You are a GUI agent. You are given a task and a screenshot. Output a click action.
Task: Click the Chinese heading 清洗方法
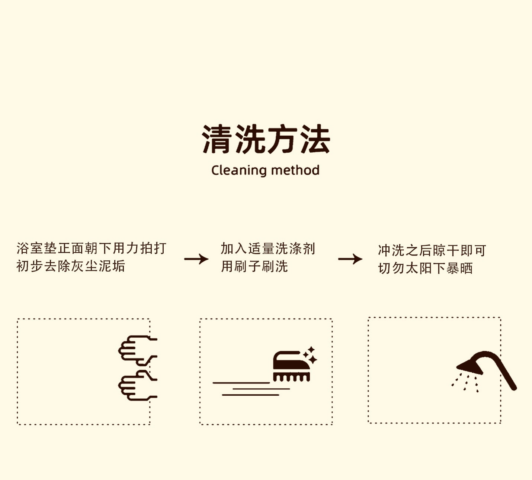tap(266, 139)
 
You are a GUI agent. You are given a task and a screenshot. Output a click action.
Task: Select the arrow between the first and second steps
tap(196, 259)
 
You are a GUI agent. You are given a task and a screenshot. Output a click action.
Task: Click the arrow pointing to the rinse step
tap(350, 259)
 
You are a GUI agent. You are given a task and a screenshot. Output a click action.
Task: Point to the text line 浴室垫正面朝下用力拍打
tap(91, 249)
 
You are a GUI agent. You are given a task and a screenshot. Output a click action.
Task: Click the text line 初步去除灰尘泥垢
tap(71, 266)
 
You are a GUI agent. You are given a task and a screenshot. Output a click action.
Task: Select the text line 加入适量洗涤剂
tap(268, 249)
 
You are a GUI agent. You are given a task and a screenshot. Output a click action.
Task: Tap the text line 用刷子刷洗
tap(254, 266)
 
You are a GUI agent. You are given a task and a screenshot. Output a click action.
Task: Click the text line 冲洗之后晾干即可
tap(432, 250)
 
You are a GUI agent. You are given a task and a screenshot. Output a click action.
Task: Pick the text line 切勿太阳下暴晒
tap(425, 268)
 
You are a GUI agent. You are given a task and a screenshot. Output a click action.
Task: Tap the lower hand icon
tap(138, 385)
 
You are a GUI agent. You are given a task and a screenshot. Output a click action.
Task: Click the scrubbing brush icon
tap(291, 366)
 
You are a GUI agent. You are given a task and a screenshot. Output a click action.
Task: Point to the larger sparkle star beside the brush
tap(312, 360)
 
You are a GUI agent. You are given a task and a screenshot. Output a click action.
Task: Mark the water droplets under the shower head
tap(465, 383)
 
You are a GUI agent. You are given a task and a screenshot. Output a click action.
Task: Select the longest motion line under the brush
tap(241, 383)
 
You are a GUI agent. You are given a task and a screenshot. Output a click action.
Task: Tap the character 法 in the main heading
tap(315, 139)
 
